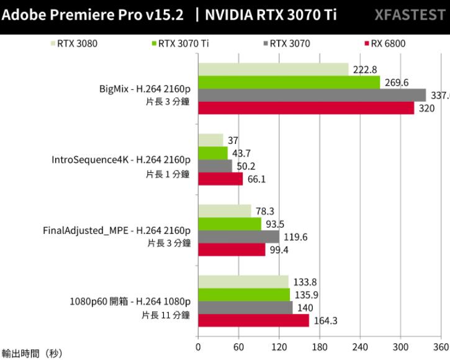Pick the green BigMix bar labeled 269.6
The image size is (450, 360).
(x=289, y=82)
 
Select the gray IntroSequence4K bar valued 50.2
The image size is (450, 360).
(x=215, y=166)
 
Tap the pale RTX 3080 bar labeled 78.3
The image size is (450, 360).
(x=224, y=210)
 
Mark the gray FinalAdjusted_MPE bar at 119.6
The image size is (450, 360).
(x=238, y=236)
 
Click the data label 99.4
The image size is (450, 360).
(x=277, y=250)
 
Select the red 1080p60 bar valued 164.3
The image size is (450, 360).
(x=253, y=320)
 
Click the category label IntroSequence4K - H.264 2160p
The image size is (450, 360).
(x=120, y=160)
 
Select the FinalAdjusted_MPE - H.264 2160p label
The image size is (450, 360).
(x=116, y=231)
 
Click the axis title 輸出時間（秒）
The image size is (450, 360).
(x=32, y=353)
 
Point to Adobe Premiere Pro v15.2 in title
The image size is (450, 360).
(x=92, y=15)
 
